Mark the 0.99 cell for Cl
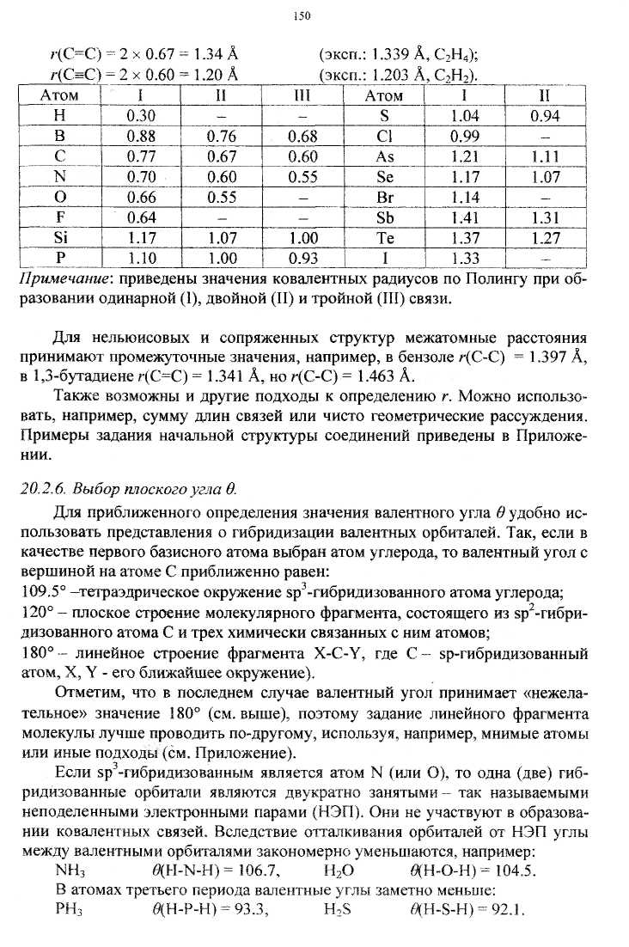(x=466, y=136)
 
